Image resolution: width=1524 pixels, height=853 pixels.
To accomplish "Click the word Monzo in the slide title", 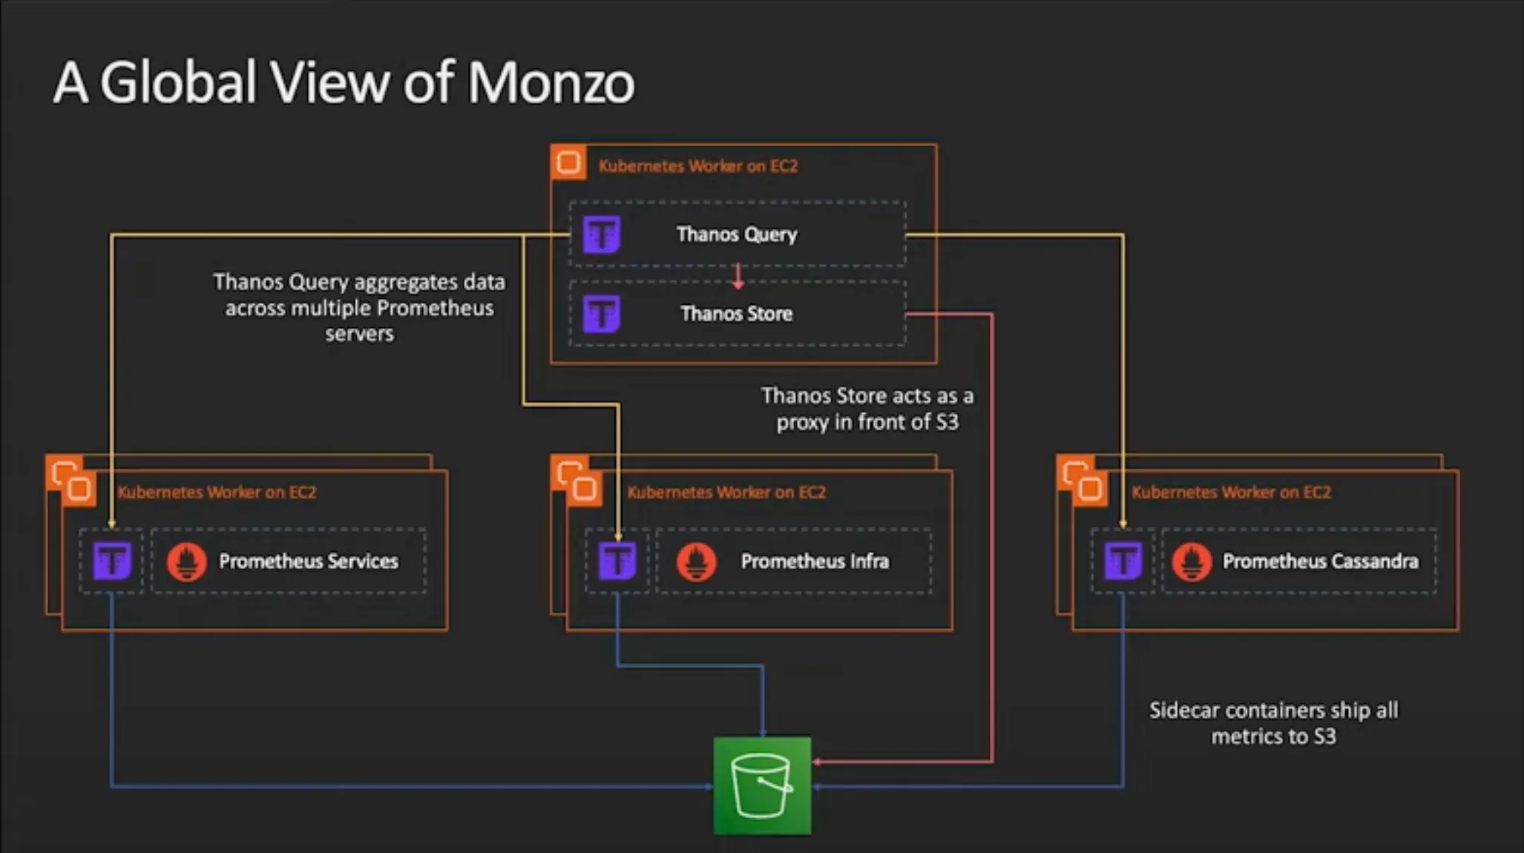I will point(551,82).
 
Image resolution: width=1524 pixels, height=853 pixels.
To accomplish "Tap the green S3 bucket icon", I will point(762,786).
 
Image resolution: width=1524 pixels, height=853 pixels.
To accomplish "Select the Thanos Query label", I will point(737,234).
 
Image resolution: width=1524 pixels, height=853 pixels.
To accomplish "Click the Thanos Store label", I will point(737,314).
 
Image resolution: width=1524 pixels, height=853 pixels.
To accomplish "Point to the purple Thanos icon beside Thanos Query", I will point(601,234).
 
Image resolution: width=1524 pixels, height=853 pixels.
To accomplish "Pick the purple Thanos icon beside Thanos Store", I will point(601,314).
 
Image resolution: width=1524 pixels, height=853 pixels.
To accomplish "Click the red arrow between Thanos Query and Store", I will point(738,276).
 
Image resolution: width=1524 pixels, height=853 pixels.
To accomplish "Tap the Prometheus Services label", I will point(308,561).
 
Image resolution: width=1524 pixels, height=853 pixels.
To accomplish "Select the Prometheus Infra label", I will point(815,561).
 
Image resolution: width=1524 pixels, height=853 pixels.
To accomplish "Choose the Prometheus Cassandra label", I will point(1320,561).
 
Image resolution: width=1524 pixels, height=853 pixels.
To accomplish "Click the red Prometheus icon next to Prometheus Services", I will point(186,561).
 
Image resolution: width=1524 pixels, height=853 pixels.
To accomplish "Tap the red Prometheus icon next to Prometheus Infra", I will point(696,561).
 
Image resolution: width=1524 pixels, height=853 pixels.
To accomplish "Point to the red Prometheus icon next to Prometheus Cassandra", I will point(1192,561).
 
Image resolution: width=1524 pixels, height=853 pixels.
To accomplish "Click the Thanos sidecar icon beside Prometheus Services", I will point(112,561).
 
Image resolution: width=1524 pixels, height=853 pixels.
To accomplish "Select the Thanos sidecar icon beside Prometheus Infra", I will point(617,561).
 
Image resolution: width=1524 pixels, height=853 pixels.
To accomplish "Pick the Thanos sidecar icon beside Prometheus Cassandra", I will point(1123,561).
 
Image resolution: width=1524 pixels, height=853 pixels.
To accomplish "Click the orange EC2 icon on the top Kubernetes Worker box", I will point(568,162).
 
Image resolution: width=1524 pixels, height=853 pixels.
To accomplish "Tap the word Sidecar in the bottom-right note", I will point(1184,711).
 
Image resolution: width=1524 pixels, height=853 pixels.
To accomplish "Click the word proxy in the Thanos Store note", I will point(803,423).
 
